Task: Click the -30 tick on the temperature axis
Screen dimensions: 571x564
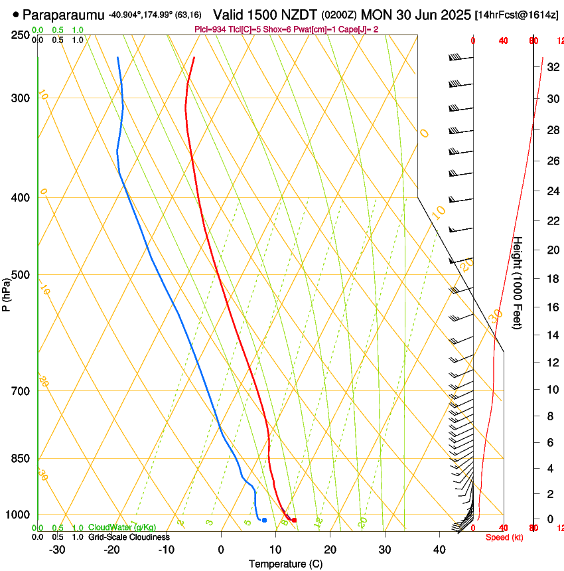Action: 57,550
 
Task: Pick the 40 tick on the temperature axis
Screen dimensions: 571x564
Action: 439,550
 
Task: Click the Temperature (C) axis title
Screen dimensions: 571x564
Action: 285,564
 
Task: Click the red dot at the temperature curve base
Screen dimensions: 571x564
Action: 294,520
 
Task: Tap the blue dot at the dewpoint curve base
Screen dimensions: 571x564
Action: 264,520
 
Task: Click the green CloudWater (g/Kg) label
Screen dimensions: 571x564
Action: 122,527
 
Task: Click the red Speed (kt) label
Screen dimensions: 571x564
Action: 504,537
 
